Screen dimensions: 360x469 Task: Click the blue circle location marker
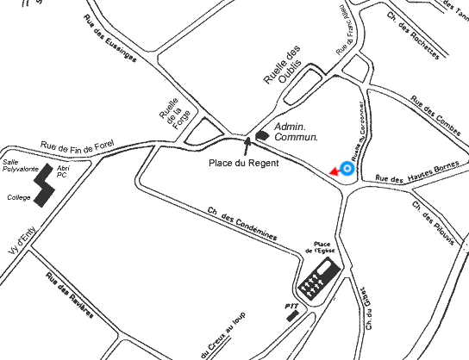point(347,169)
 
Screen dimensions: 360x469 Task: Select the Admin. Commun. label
point(296,132)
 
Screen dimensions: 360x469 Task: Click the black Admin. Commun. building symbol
point(262,133)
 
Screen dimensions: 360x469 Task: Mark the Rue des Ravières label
point(69,297)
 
